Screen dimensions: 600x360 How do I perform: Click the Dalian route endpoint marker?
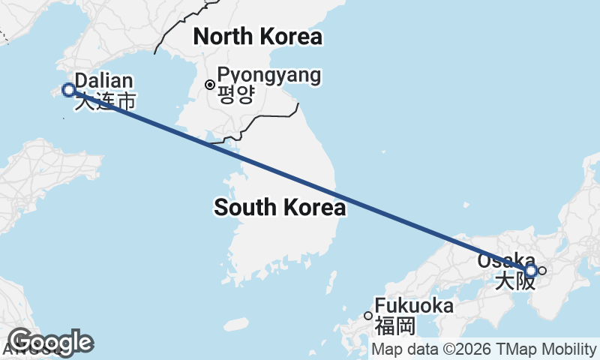click(x=69, y=90)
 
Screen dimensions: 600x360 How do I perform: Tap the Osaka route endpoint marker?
click(x=531, y=270)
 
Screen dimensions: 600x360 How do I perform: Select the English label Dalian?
click(x=104, y=81)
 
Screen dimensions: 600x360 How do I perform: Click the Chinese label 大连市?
click(x=105, y=101)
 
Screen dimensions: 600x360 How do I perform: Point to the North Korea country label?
click(x=257, y=36)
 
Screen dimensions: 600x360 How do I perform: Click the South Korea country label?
click(x=280, y=208)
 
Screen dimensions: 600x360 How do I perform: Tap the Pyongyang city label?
click(x=268, y=75)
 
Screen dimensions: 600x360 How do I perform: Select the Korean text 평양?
click(x=236, y=94)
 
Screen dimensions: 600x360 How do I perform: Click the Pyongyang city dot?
click(x=210, y=83)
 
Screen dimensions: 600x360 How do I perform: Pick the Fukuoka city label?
click(x=414, y=306)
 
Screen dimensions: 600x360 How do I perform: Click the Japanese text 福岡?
click(x=395, y=325)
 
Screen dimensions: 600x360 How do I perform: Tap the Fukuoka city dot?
click(x=368, y=316)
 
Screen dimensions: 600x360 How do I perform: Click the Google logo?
click(x=50, y=343)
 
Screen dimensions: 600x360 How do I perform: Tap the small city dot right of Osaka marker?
click(x=542, y=271)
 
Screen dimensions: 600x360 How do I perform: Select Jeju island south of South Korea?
click(x=235, y=325)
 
